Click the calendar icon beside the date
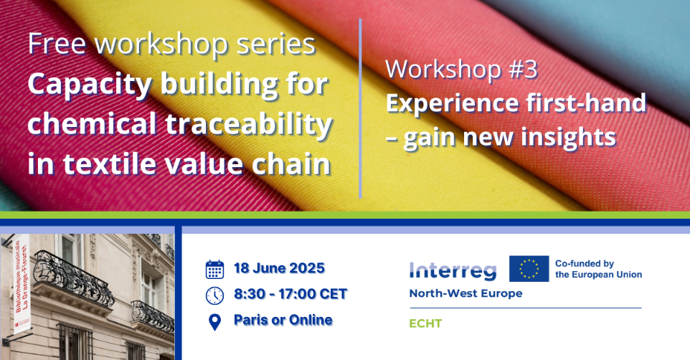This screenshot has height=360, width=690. click(214, 270)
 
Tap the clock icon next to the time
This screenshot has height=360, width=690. click(214, 295)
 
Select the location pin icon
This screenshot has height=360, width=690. click(214, 322)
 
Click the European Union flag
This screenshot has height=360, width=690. click(529, 268)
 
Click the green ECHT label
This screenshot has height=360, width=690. click(425, 323)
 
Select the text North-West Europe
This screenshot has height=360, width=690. click(465, 293)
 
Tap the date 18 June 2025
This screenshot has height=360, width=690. click(280, 268)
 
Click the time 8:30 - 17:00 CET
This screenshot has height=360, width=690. click(290, 294)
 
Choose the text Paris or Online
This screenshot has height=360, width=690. click(283, 320)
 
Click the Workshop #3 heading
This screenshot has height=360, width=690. click(462, 70)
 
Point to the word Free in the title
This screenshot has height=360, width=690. click(57, 44)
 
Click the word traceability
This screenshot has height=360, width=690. click(249, 123)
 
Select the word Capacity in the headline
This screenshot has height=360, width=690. click(90, 85)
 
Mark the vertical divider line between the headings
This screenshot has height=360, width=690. click(360, 108)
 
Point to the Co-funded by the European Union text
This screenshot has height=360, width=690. click(598, 269)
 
